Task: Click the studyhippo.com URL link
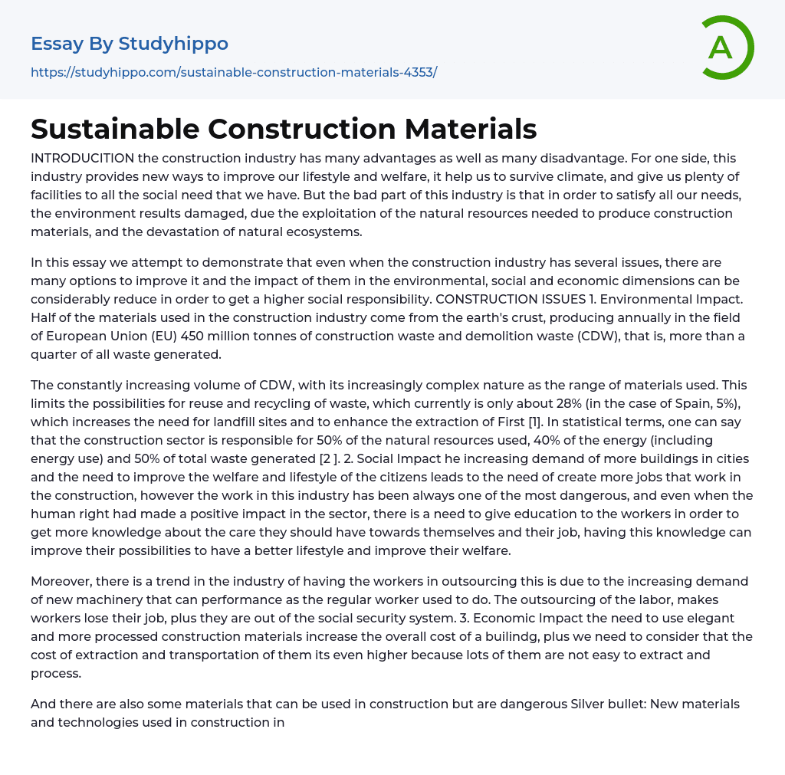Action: (234, 72)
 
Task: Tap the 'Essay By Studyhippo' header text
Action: (130, 44)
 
